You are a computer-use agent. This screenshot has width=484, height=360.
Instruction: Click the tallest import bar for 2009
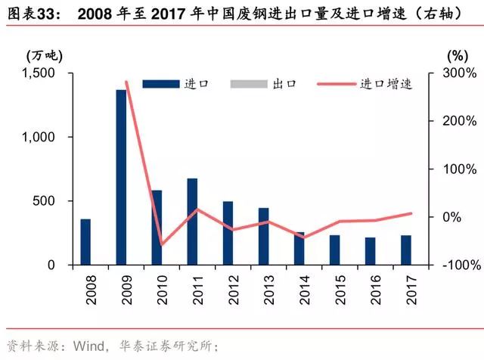coord(121,178)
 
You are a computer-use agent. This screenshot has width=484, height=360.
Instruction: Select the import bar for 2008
coord(85,242)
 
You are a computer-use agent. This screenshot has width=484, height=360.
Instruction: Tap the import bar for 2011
coord(192,222)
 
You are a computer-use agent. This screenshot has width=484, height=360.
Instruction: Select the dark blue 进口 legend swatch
coord(160,84)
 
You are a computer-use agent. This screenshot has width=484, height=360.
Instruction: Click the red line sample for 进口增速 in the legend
coord(334,84)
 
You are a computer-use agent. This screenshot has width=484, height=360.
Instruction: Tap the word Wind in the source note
coord(88,346)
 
